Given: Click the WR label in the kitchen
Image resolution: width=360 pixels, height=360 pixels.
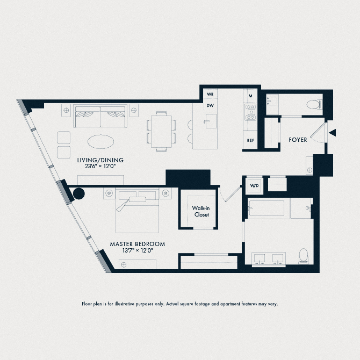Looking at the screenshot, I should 210,94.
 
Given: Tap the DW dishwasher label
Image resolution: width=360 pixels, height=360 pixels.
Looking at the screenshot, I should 210,105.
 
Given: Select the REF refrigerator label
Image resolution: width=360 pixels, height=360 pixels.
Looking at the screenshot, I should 250,140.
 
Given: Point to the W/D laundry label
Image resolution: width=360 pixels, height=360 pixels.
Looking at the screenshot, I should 254,186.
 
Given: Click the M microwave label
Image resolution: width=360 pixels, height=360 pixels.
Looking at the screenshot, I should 250,96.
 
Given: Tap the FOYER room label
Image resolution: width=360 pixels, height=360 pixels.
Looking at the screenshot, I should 298,140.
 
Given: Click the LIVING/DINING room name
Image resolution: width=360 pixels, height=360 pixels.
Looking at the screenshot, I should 100,160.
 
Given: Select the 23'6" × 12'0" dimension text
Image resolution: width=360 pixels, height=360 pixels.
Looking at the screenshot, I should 100,167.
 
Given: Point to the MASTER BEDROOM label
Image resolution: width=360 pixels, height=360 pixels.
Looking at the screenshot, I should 138,244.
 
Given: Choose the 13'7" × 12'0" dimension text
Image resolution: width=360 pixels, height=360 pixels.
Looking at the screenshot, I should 138,251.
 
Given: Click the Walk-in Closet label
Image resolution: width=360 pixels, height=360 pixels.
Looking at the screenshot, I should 201,211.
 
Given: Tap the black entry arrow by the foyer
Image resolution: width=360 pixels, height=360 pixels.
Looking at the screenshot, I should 333,133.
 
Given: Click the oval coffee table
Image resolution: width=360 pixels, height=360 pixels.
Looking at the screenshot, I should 100,141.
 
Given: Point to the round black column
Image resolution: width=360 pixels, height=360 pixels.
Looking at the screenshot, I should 79,193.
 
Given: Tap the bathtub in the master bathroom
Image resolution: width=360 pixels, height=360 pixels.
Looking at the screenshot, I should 267,208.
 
